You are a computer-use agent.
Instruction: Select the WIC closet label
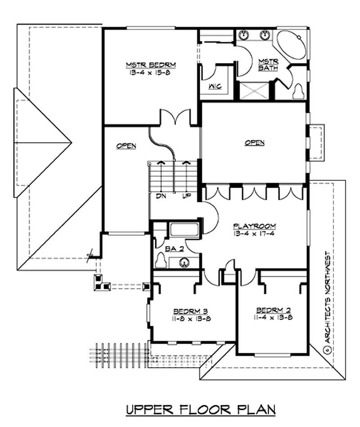click(x=214, y=86)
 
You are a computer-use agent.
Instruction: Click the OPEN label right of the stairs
click(x=254, y=143)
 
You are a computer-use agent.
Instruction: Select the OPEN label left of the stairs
click(x=126, y=146)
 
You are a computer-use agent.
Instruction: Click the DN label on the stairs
click(x=161, y=197)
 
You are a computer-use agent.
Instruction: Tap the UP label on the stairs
click(x=185, y=197)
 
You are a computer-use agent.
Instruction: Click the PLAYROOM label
click(x=254, y=225)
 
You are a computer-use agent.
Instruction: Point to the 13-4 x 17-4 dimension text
click(x=254, y=234)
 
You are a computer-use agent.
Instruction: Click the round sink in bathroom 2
click(x=184, y=262)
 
